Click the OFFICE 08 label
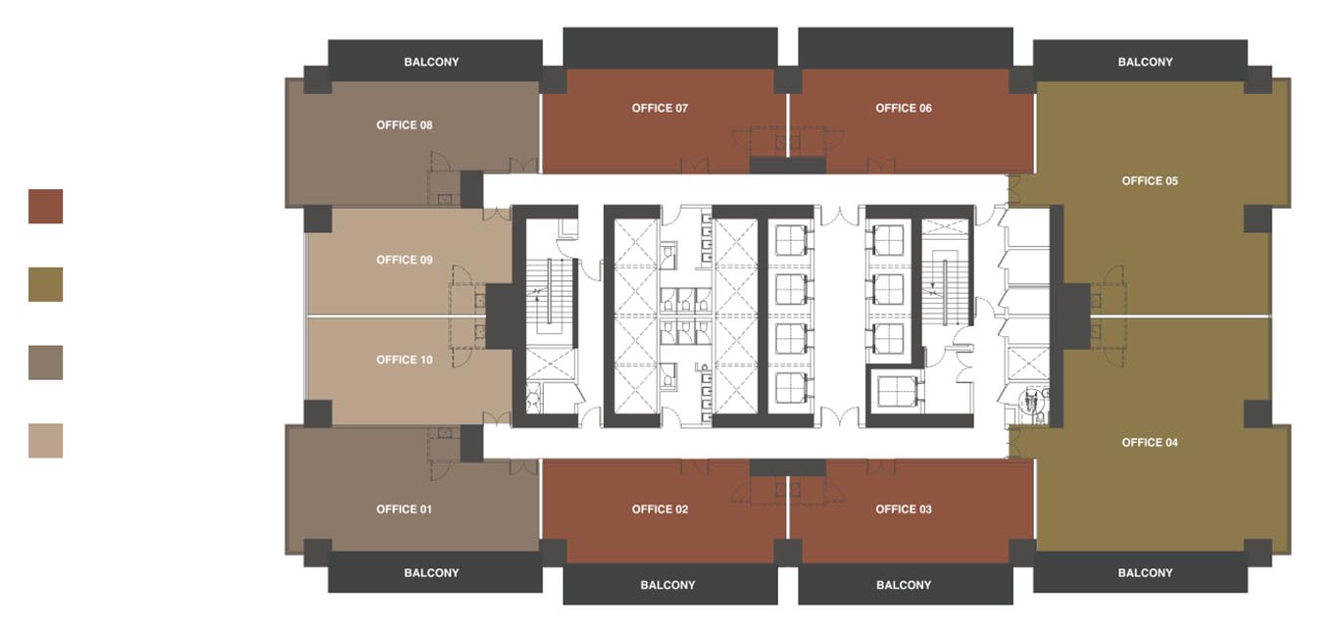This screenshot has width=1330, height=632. (405, 125)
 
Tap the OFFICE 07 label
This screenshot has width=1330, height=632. (660, 108)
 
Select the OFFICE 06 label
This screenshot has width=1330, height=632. (904, 108)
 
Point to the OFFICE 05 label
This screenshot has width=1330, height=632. (1150, 181)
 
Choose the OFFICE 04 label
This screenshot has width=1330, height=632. (1150, 443)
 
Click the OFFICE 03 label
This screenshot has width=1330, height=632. (904, 510)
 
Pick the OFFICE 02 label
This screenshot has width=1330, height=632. (660, 510)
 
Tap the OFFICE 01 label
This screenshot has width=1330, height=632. (405, 510)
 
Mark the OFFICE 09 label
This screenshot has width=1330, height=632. (405, 260)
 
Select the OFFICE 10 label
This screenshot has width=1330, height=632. (405, 360)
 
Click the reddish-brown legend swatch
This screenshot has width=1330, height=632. (46, 207)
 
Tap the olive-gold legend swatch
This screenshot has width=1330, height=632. (46, 284)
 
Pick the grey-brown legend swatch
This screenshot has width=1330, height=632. (46, 363)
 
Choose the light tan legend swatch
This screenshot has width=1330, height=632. (46, 440)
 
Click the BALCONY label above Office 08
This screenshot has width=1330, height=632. (431, 62)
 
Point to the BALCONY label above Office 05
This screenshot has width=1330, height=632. (1146, 62)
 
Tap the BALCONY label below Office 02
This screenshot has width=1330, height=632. (668, 585)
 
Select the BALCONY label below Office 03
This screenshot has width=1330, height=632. (904, 585)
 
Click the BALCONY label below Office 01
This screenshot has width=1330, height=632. (431, 573)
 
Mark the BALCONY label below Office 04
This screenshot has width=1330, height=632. (1146, 573)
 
